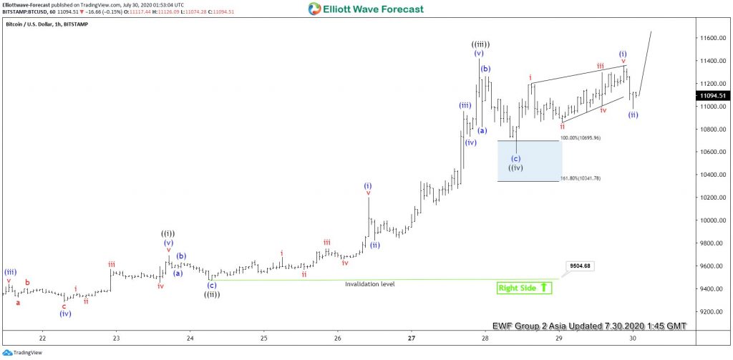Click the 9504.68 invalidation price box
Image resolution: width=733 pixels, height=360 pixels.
point(581,266)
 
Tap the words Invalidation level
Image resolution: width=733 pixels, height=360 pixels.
point(369,284)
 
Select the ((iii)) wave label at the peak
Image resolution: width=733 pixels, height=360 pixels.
point(480,44)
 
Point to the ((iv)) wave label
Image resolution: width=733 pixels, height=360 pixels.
point(516,168)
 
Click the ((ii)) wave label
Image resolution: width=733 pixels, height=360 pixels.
point(212,294)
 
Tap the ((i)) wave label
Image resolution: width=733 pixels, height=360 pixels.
point(168,233)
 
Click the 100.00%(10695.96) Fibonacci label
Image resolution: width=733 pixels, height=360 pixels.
point(581,137)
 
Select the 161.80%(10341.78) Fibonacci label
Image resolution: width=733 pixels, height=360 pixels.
point(581,178)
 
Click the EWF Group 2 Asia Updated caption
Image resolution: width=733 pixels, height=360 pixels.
point(589,326)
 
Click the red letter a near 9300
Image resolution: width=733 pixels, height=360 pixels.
point(19,302)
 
